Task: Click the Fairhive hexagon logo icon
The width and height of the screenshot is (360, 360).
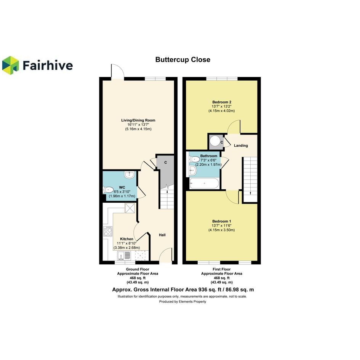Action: (x=10, y=66)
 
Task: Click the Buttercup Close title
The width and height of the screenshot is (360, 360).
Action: (x=183, y=60)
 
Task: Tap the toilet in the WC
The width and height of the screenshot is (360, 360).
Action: (x=108, y=190)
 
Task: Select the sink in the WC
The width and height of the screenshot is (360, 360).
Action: (x=130, y=175)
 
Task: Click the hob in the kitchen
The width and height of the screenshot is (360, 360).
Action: (x=108, y=231)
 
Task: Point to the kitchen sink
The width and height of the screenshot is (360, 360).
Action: (x=124, y=256)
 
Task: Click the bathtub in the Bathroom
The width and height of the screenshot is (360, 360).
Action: (x=204, y=184)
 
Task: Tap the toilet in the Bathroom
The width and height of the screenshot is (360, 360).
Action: (x=194, y=159)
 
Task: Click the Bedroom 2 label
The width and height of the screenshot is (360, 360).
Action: (x=222, y=102)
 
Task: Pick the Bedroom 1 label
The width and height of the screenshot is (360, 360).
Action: (x=222, y=221)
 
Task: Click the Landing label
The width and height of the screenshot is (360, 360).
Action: (x=241, y=146)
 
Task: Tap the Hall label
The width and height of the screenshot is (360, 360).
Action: (x=162, y=235)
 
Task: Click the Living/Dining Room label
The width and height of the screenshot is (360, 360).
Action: (x=138, y=120)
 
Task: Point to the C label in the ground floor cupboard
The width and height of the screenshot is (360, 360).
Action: (x=166, y=163)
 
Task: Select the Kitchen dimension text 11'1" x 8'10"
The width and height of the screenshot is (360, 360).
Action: (x=126, y=243)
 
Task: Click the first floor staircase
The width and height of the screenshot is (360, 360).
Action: (x=250, y=179)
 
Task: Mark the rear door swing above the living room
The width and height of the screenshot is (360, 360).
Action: (x=118, y=72)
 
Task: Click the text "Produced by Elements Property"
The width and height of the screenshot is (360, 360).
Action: (x=182, y=301)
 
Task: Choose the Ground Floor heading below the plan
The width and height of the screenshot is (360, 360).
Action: (x=138, y=269)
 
